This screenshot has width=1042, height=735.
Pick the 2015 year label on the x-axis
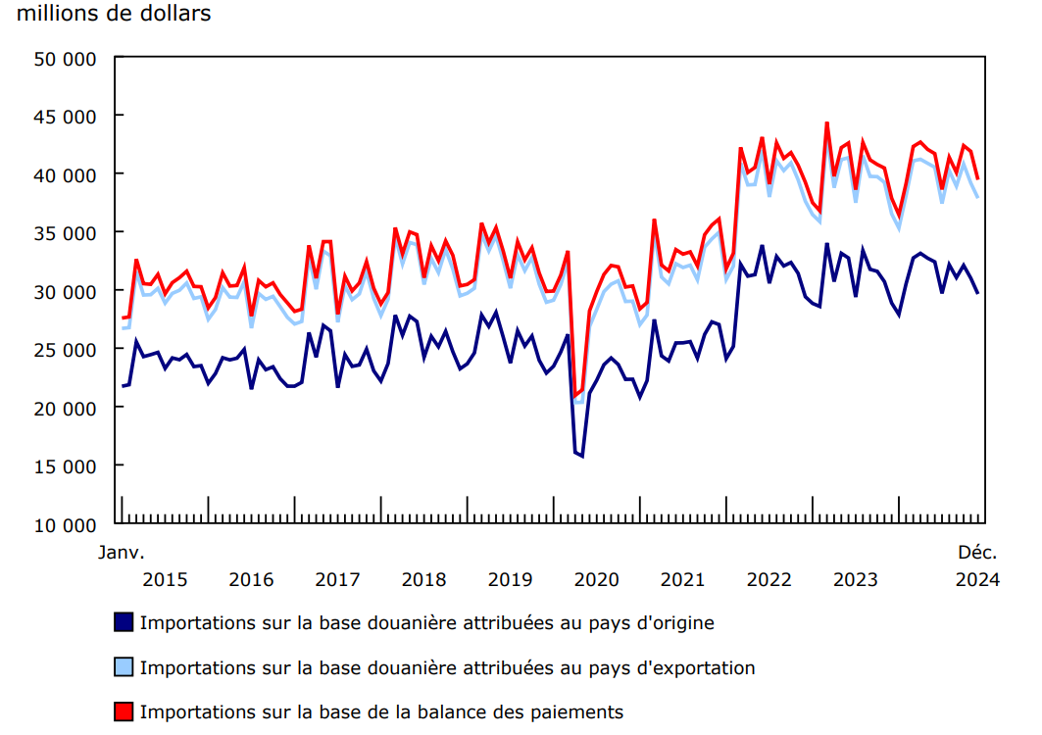165,579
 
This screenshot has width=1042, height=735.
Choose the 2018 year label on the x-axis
423,579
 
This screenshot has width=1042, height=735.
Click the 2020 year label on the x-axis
597,579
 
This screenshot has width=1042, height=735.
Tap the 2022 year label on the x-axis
769,579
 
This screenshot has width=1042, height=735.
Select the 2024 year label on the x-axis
978,579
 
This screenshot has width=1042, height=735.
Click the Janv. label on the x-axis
121,553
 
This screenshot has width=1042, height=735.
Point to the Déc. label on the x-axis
978,553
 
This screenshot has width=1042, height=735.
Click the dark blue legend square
124,622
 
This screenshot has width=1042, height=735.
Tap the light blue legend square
124,667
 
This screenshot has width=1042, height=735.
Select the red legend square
124,712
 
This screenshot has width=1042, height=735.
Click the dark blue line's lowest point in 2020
582,456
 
